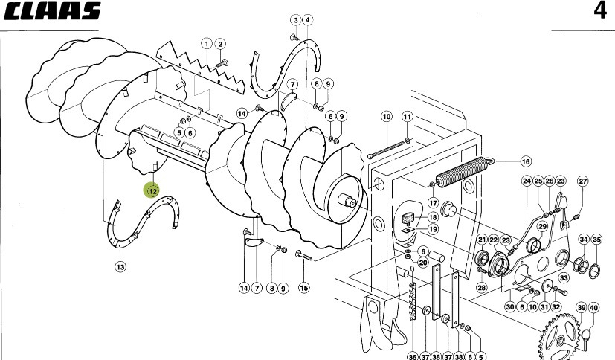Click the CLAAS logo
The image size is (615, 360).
pos(53,11)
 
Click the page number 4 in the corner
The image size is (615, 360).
pos(600,11)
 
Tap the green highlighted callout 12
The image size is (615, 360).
pos(152,191)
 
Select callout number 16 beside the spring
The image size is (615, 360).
pos(526,161)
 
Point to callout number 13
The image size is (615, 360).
pos(120,267)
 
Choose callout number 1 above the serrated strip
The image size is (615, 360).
pos(207,44)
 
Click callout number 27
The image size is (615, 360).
pos(583,181)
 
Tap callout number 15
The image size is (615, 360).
pos(304,289)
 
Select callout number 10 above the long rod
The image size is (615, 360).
pos(387,117)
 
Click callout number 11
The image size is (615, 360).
pos(408,117)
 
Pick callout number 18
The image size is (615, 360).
pos(433,217)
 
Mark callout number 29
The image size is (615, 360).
pos(542,226)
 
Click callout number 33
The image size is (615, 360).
pos(564,278)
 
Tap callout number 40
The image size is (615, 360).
pos(594,308)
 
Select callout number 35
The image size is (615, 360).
pos(596,240)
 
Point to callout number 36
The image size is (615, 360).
pos(413,356)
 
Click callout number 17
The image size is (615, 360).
pos(433,203)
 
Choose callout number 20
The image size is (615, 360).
pos(423,263)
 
